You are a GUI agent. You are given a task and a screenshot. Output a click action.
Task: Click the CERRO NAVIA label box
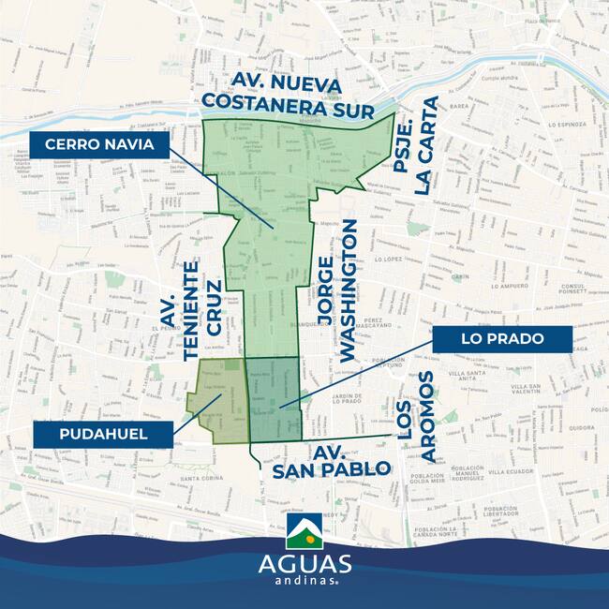[99, 145]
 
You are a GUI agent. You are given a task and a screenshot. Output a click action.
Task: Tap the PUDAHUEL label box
[103, 434]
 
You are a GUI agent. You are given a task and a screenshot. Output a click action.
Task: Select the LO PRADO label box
[502, 338]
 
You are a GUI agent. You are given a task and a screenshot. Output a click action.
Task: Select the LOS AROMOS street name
[415, 416]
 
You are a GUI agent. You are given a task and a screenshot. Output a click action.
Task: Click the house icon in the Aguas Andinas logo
[304, 532]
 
